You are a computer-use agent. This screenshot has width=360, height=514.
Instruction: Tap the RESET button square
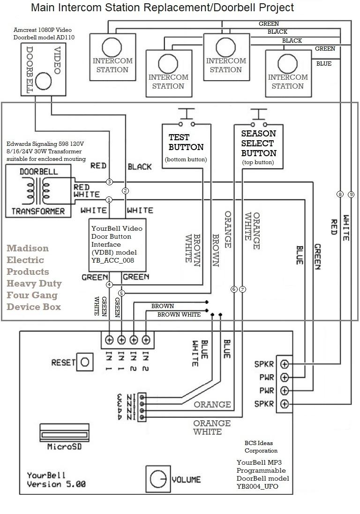coord(85,362)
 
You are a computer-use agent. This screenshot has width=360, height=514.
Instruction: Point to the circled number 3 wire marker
coord(109,181)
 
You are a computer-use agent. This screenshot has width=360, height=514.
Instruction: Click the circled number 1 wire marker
coord(109,199)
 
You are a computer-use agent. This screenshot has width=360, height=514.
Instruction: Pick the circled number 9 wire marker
coord(351,194)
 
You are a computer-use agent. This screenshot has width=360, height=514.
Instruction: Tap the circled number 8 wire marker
coord(340,194)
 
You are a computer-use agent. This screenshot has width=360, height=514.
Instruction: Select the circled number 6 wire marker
coord(234,289)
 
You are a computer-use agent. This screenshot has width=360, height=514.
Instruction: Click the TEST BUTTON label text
coord(186,142)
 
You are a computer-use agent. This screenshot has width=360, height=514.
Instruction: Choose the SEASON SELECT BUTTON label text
coord(258,143)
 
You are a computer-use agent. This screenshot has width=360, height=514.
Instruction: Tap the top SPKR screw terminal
coord(284,364)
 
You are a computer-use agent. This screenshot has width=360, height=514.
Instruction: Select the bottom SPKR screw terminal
coord(284,404)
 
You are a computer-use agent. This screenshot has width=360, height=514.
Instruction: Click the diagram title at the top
coord(162,8)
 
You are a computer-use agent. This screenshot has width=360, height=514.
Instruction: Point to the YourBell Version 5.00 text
coord(56,479)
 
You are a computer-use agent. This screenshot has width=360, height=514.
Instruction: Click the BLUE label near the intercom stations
coord(324,64)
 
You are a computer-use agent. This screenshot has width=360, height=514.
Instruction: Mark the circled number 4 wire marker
coord(109,285)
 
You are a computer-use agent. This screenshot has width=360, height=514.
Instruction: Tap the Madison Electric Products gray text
coord(34,277)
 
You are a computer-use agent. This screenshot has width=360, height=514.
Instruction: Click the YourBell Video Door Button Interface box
coord(118,244)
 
